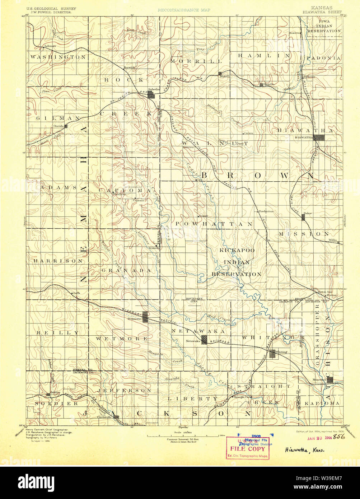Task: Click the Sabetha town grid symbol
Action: pos(152,95)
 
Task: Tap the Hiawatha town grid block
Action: pos(320,137)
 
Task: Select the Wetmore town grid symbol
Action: pos(145,317)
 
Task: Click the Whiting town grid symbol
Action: pos(272,354)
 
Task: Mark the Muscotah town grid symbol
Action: pos(329,379)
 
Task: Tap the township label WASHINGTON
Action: pos(58,57)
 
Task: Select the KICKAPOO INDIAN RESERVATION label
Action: pos(237,262)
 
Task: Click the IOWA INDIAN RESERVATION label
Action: pos(324,26)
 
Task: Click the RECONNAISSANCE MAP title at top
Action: pos(184,10)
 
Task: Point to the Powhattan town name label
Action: pos(266,211)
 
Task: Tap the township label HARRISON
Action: pos(58,261)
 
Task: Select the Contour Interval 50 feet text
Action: pos(183,439)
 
